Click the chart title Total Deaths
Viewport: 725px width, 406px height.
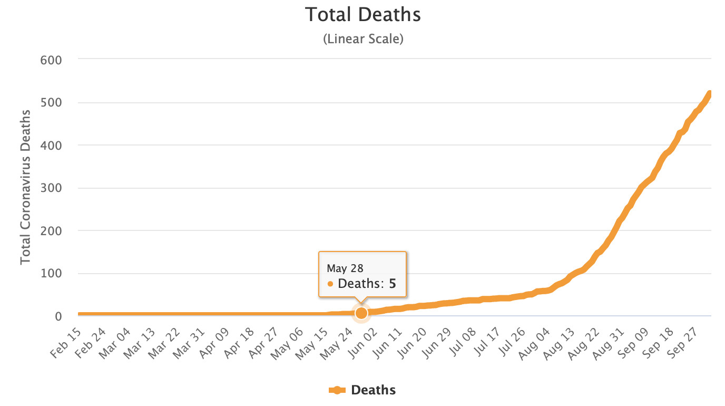[x=363, y=15]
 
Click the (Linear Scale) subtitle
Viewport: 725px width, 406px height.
[x=363, y=39]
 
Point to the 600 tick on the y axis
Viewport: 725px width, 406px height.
[x=51, y=60]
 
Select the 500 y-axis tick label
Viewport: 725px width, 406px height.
[x=51, y=102]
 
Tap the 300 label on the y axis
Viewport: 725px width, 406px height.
[x=51, y=188]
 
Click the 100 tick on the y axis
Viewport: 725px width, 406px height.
[x=51, y=274]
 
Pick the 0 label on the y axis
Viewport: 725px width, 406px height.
[x=58, y=316]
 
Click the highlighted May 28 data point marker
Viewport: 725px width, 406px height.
[x=361, y=313]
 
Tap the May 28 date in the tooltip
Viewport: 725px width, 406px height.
[x=345, y=268]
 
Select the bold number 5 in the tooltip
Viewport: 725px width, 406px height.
[x=392, y=284]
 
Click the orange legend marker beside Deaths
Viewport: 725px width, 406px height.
[x=337, y=390]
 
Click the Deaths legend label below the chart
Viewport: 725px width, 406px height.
[x=373, y=390]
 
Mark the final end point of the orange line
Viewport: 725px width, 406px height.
[x=710, y=94]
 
